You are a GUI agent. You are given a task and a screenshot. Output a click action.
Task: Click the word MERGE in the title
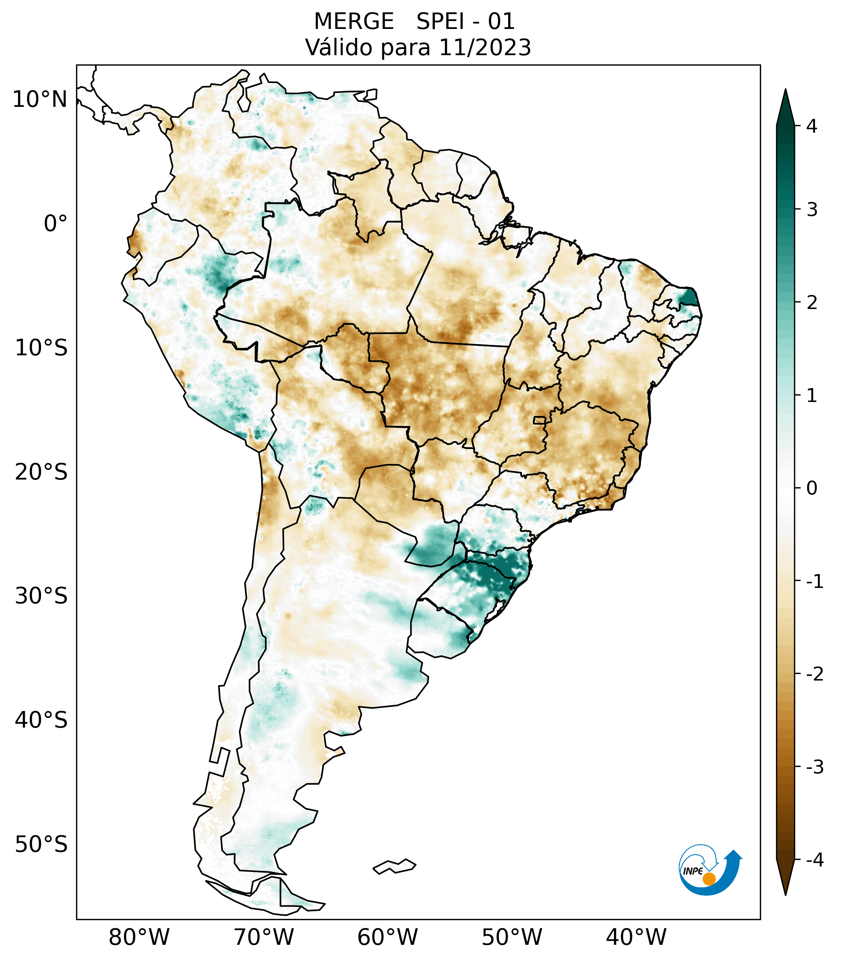click(354, 22)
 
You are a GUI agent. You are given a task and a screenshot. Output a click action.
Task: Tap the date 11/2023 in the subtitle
click(485, 47)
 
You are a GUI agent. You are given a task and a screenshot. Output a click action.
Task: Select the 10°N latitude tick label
click(39, 100)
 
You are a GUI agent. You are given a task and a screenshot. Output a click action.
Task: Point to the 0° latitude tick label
click(56, 224)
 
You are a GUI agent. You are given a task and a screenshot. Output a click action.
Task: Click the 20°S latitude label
click(41, 472)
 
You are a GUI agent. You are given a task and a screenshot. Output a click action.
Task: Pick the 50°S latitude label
click(41, 844)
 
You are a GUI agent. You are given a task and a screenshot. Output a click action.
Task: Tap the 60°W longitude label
click(387, 937)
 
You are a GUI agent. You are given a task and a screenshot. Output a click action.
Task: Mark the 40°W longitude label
click(636, 937)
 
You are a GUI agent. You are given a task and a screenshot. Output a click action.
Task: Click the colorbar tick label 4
click(812, 126)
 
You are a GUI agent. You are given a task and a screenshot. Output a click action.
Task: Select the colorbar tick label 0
click(812, 488)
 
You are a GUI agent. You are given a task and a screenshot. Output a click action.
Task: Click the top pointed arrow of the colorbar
click(785, 106)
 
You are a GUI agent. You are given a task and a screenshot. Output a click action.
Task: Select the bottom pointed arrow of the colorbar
click(785, 877)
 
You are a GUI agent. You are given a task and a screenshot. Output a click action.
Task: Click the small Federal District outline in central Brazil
click(540, 420)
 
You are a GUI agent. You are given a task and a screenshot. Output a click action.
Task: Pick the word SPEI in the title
click(440, 22)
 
